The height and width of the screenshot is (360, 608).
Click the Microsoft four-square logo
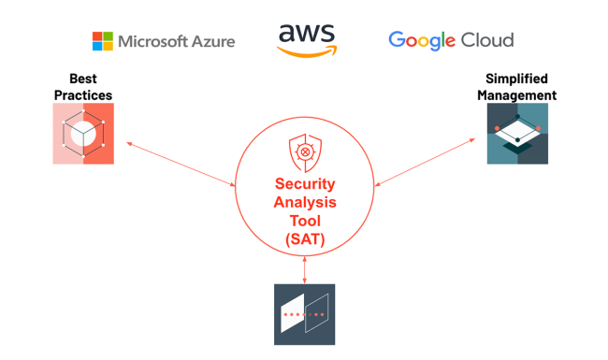tap(102, 41)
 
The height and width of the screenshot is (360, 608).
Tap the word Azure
tap(210, 41)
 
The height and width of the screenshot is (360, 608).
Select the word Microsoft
tap(152, 41)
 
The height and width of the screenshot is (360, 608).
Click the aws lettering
tap(306, 33)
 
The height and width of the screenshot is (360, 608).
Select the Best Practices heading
tap(82, 87)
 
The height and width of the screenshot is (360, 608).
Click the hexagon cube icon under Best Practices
tap(83, 134)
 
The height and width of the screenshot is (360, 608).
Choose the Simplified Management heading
tap(516, 87)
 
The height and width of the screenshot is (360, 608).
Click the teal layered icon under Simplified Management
tap(517, 134)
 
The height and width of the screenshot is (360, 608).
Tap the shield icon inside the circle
tap(304, 151)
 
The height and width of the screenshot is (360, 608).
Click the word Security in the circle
tap(304, 185)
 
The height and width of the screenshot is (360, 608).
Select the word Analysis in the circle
tap(304, 203)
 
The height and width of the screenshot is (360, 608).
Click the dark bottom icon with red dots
tap(304, 314)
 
